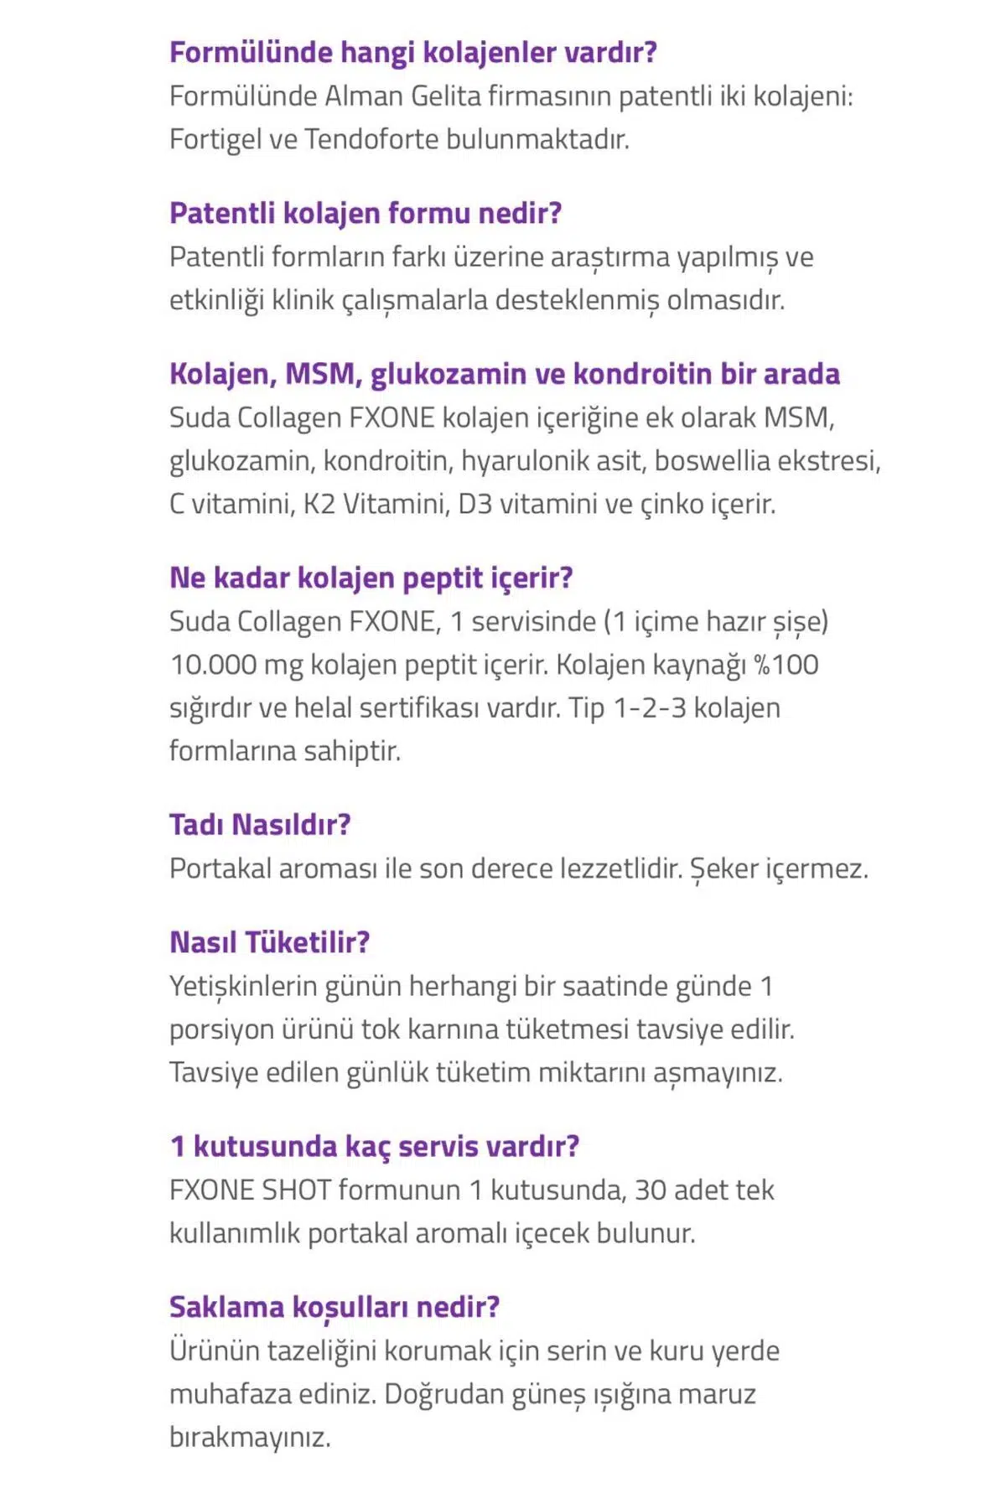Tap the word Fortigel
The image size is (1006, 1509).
pyautogui.click(x=215, y=139)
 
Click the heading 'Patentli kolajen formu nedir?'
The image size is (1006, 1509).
pyautogui.click(x=366, y=213)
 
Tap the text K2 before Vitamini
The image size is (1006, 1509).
pyautogui.click(x=319, y=505)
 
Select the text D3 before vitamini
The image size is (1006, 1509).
pyautogui.click(x=475, y=505)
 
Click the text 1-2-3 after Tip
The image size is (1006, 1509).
pyautogui.click(x=649, y=708)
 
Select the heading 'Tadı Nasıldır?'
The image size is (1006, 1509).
pyautogui.click(x=260, y=825)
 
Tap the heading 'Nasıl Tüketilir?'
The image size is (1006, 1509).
pyautogui.click(x=269, y=942)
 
